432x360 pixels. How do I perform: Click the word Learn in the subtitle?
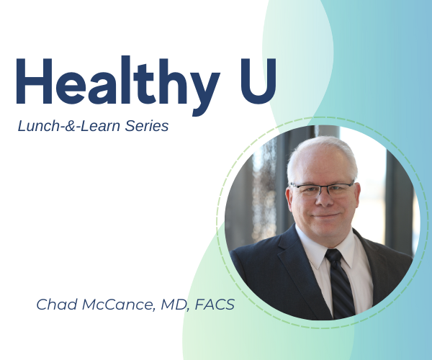(x=97, y=127)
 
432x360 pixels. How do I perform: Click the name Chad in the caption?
(x=54, y=305)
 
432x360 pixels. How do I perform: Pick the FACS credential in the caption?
(x=213, y=305)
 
